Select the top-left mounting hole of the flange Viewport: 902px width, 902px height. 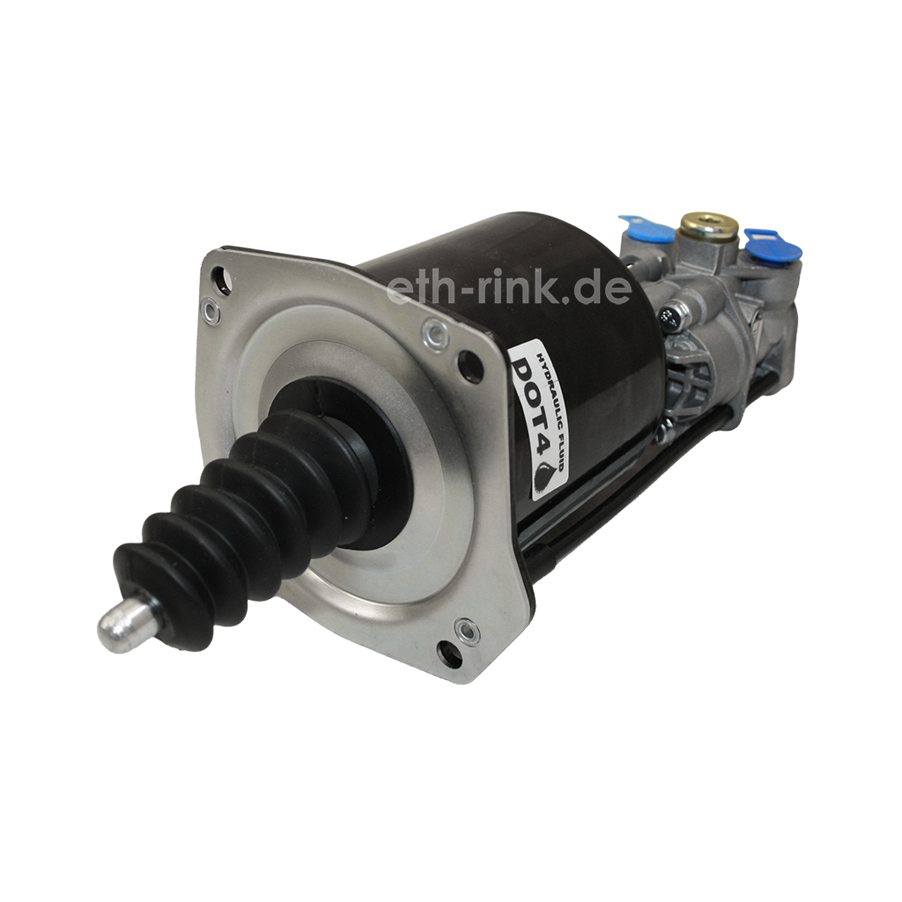click(x=219, y=279)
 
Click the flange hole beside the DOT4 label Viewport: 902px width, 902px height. click(x=469, y=362)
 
